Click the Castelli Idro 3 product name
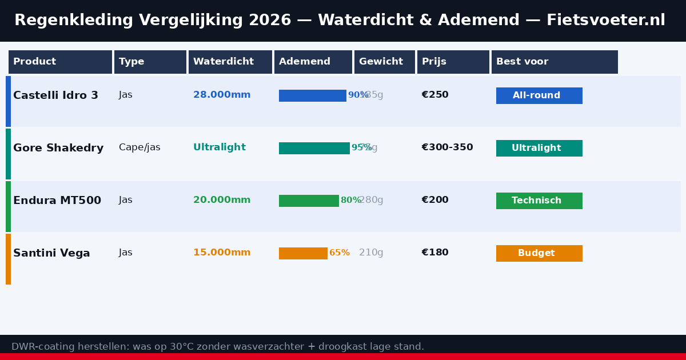[55, 95]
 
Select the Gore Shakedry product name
[58, 148]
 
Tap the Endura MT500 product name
[57, 201]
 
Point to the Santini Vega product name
[51, 253]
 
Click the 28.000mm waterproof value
[222, 95]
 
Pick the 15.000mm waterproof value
[222, 253]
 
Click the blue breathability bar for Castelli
[312, 95]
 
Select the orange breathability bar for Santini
[303, 253]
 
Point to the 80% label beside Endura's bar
[350, 201]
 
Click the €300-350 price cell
[447, 147]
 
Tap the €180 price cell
[435, 253]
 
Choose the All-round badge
[539, 95]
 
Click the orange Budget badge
[539, 253]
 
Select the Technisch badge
[539, 201]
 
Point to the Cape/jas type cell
[139, 147]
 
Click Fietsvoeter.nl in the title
[605, 21]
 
